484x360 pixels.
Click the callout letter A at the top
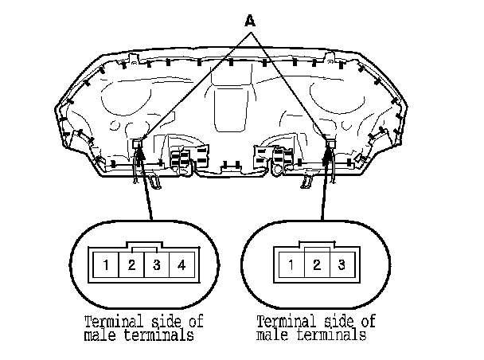tap(251, 22)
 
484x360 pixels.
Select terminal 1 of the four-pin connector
tap(107, 264)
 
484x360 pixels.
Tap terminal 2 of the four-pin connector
tap(131, 264)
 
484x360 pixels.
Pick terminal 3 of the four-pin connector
tap(157, 264)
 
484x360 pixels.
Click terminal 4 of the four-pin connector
tap(181, 264)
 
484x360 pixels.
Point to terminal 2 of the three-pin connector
tap(316, 264)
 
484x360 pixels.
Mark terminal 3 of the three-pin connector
tap(341, 264)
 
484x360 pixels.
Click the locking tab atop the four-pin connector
tap(144, 248)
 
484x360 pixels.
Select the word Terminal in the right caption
tap(284, 322)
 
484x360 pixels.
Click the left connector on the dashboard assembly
tap(139, 146)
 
